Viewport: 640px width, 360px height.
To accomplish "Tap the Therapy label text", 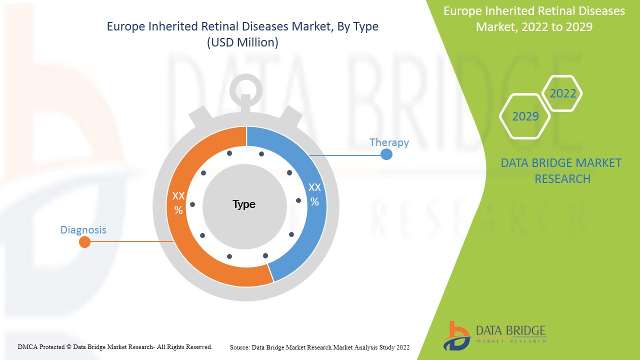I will tap(389, 142).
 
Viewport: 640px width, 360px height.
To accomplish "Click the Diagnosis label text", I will tap(83, 230).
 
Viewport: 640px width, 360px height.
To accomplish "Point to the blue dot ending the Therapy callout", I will tap(386, 154).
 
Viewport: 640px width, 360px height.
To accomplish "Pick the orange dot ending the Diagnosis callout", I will tap(85, 242).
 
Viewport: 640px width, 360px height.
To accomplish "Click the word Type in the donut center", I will tap(244, 204).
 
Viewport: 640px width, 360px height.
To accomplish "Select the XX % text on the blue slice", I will tap(314, 194).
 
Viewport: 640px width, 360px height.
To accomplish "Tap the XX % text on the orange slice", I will tap(178, 202).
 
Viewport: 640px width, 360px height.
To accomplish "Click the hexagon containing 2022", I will tap(563, 93).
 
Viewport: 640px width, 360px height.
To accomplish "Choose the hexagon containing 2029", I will tap(525, 116).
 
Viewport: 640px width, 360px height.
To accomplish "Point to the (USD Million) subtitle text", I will tap(242, 42).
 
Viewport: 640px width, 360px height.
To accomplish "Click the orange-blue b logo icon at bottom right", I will tap(456, 335).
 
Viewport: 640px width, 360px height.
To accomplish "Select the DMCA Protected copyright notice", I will tap(115, 346).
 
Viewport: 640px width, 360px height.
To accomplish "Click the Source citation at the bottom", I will tap(319, 347).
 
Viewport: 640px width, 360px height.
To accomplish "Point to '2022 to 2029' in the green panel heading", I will tap(555, 27).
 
